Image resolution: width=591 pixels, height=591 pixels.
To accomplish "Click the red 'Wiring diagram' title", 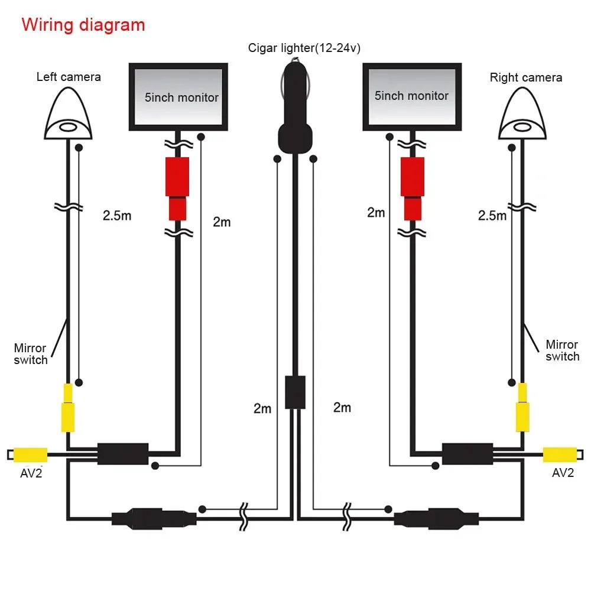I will tap(83, 25).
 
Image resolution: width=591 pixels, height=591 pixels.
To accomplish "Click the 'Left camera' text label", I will tap(69, 77).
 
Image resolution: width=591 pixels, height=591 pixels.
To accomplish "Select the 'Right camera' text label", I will tap(525, 77).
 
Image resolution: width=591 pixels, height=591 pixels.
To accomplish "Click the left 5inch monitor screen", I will tap(178, 97).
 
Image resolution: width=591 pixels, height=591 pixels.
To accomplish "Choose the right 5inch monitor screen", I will tap(411, 96).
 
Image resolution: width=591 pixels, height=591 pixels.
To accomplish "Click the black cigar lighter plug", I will tap(294, 112).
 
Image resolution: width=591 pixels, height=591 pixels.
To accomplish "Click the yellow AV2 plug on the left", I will tap(31, 454).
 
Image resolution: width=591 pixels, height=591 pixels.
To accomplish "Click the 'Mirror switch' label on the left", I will tap(31, 353).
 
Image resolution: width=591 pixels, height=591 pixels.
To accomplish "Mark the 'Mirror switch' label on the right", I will tap(562, 350).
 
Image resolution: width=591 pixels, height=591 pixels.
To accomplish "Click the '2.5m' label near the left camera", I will tap(117, 215).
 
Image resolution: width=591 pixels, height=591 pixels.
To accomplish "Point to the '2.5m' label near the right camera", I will tap(492, 215).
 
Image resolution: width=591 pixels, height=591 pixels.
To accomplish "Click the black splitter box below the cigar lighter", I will tap(295, 391).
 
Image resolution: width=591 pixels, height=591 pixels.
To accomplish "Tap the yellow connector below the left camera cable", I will tap(69, 408).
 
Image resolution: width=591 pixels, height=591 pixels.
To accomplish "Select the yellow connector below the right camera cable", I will tap(522, 408).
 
